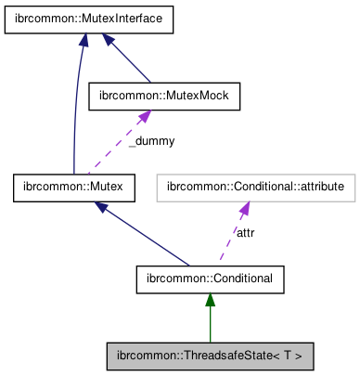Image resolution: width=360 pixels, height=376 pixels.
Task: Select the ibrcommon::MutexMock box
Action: click(x=163, y=94)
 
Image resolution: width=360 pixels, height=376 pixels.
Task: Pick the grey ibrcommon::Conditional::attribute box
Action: click(x=255, y=188)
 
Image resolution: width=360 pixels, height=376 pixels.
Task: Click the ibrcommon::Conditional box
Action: click(x=210, y=278)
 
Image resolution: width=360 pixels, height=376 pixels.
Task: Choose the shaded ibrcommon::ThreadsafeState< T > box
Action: click(x=210, y=354)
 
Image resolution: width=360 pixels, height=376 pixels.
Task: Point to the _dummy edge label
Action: click(x=150, y=141)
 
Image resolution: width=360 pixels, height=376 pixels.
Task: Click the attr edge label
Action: click(x=246, y=232)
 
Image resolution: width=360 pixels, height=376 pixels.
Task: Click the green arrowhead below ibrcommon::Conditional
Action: click(x=210, y=299)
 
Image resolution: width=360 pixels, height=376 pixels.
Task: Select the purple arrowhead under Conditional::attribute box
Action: click(x=242, y=208)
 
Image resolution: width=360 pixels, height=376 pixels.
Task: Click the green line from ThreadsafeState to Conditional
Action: click(x=210, y=325)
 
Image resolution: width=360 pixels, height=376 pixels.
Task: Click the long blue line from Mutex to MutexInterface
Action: click(x=74, y=111)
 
